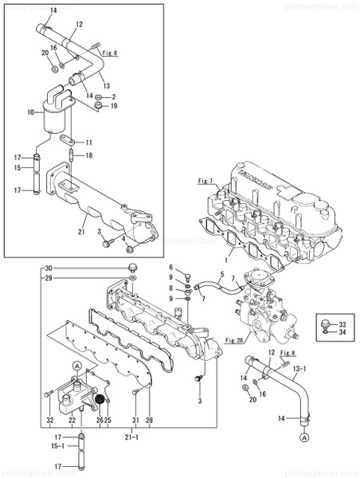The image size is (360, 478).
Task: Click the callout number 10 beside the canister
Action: pos(31,113)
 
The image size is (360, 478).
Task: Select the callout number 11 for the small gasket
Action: pos(89,142)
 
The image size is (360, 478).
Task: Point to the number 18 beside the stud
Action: pos(89,155)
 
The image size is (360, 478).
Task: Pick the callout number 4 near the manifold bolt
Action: pos(123,237)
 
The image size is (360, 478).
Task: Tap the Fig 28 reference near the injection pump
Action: pos(234,340)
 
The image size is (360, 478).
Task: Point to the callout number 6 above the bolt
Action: pos(170,268)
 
